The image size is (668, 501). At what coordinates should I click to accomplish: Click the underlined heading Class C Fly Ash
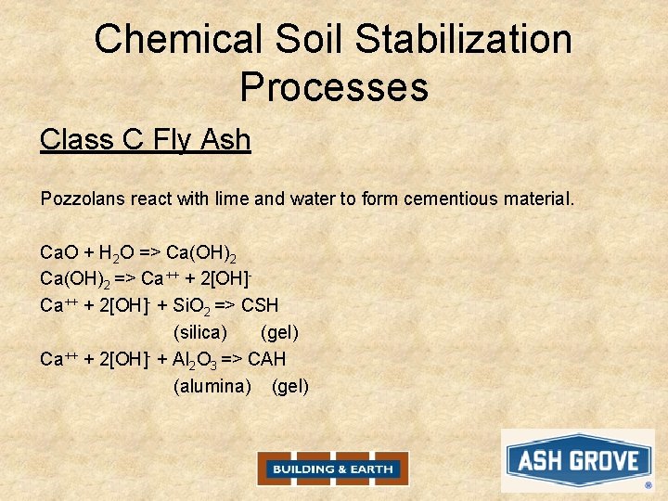(x=146, y=140)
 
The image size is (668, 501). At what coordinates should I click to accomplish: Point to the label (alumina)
(x=212, y=386)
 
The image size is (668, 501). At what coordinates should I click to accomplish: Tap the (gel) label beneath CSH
(x=280, y=332)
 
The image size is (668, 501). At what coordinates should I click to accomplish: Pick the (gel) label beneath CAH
(x=290, y=386)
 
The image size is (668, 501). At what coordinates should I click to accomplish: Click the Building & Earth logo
(x=333, y=469)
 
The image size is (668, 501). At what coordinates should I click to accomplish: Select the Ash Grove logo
(x=578, y=461)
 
